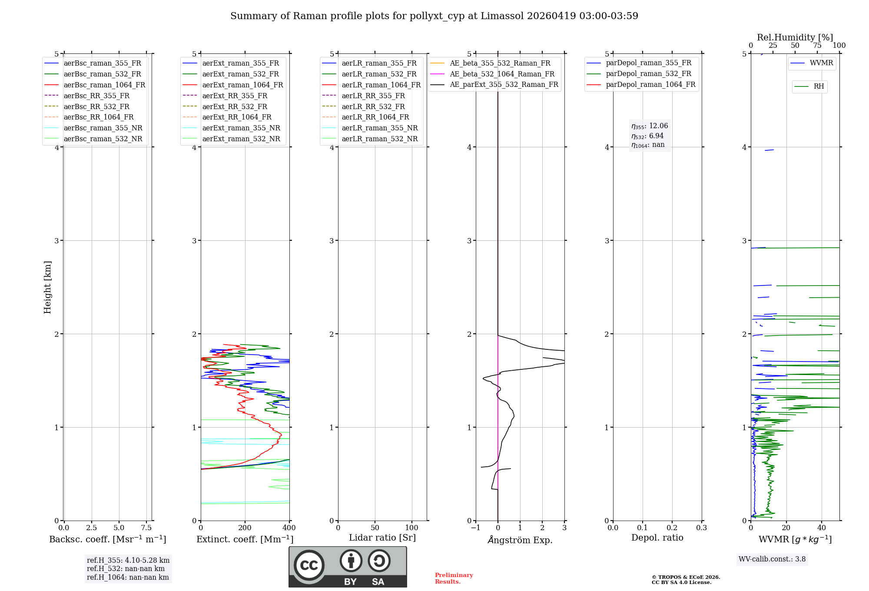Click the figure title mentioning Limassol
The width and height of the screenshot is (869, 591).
pyautogui.click(x=434, y=16)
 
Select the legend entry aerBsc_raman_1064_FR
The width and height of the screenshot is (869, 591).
pyautogui.click(x=104, y=85)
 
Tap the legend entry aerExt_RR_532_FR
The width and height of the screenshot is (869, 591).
pyautogui.click(x=235, y=106)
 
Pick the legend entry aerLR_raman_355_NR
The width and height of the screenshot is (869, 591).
pyautogui.click(x=379, y=128)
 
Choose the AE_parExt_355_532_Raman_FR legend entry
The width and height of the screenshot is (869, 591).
pyautogui.click(x=504, y=84)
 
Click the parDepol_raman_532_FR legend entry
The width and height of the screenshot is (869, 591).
pyautogui.click(x=648, y=73)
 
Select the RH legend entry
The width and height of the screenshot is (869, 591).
pyautogui.click(x=819, y=86)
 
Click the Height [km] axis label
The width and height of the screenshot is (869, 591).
pyautogui.click(x=47, y=287)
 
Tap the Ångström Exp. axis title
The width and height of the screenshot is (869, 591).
pyautogui.click(x=520, y=540)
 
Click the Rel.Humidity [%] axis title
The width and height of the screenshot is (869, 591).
pyautogui.click(x=795, y=37)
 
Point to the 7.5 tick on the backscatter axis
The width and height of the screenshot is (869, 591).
pyautogui.click(x=146, y=528)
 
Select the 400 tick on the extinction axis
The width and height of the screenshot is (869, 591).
pyautogui.click(x=289, y=528)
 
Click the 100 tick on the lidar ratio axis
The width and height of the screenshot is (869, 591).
pyautogui.click(x=411, y=528)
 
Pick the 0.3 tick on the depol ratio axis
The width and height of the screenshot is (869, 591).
pyautogui.click(x=701, y=528)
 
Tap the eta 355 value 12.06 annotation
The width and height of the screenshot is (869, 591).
pyautogui.click(x=650, y=126)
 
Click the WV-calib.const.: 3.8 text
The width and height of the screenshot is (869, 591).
pyautogui.click(x=772, y=559)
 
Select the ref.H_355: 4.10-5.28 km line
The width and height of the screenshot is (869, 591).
pyautogui.click(x=128, y=560)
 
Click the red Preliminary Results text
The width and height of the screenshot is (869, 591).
pyautogui.click(x=454, y=578)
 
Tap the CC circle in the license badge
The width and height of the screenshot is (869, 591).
pyautogui.click(x=309, y=565)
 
